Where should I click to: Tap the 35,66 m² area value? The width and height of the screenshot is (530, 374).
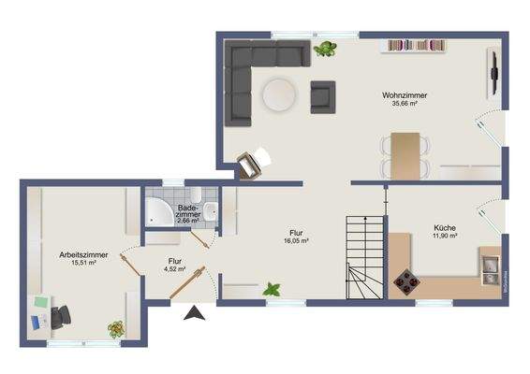(x=404, y=104)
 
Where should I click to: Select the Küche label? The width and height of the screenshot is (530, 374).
(x=444, y=228)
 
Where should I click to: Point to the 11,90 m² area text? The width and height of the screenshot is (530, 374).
(x=444, y=237)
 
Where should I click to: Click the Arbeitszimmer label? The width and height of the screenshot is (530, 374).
(x=82, y=254)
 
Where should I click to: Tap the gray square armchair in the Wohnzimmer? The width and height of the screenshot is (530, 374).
(x=322, y=94)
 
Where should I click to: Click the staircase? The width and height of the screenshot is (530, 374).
(x=364, y=256)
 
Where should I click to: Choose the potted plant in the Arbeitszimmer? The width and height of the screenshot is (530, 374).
(x=116, y=328)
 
